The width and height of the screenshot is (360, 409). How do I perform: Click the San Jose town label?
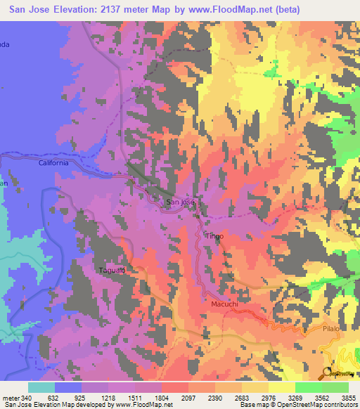pyautogui.click(x=179, y=202)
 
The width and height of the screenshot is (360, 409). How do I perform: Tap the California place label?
pyautogui.click(x=53, y=162)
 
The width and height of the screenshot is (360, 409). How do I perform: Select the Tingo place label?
pyautogui.click(x=214, y=236)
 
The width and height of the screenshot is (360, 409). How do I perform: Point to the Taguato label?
pyautogui.click(x=110, y=269)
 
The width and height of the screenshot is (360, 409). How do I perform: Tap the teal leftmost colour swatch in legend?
pyautogui.click(x=41, y=387)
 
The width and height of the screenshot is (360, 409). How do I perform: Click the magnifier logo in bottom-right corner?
pyautogui.click(x=330, y=373)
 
